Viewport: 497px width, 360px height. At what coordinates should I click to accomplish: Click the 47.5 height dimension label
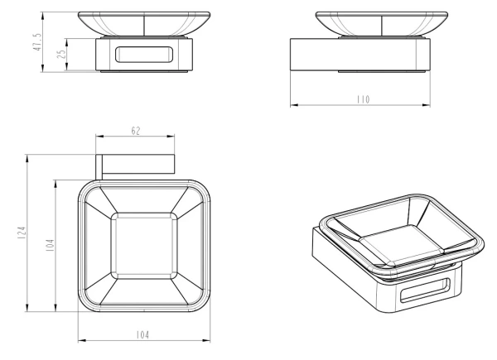pyautogui.click(x=38, y=42)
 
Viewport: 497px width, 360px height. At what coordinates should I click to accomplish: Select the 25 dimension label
pyautogui.click(x=62, y=54)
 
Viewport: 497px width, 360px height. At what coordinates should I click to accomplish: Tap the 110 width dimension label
pyautogui.click(x=364, y=99)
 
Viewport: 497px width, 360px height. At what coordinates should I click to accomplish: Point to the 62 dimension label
pyautogui.click(x=135, y=131)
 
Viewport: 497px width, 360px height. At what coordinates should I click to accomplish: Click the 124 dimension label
pyautogui.click(x=22, y=233)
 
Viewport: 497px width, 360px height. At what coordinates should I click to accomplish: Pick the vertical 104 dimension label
pyautogui.click(x=50, y=246)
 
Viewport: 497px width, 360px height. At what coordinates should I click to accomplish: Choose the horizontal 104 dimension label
pyautogui.click(x=142, y=334)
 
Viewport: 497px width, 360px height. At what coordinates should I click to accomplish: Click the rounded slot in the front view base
pyautogui.click(x=144, y=55)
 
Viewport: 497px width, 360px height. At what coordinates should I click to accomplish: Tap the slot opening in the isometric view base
pyautogui.click(x=425, y=290)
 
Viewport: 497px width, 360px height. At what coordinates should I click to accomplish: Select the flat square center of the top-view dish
pyautogui.click(x=144, y=246)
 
